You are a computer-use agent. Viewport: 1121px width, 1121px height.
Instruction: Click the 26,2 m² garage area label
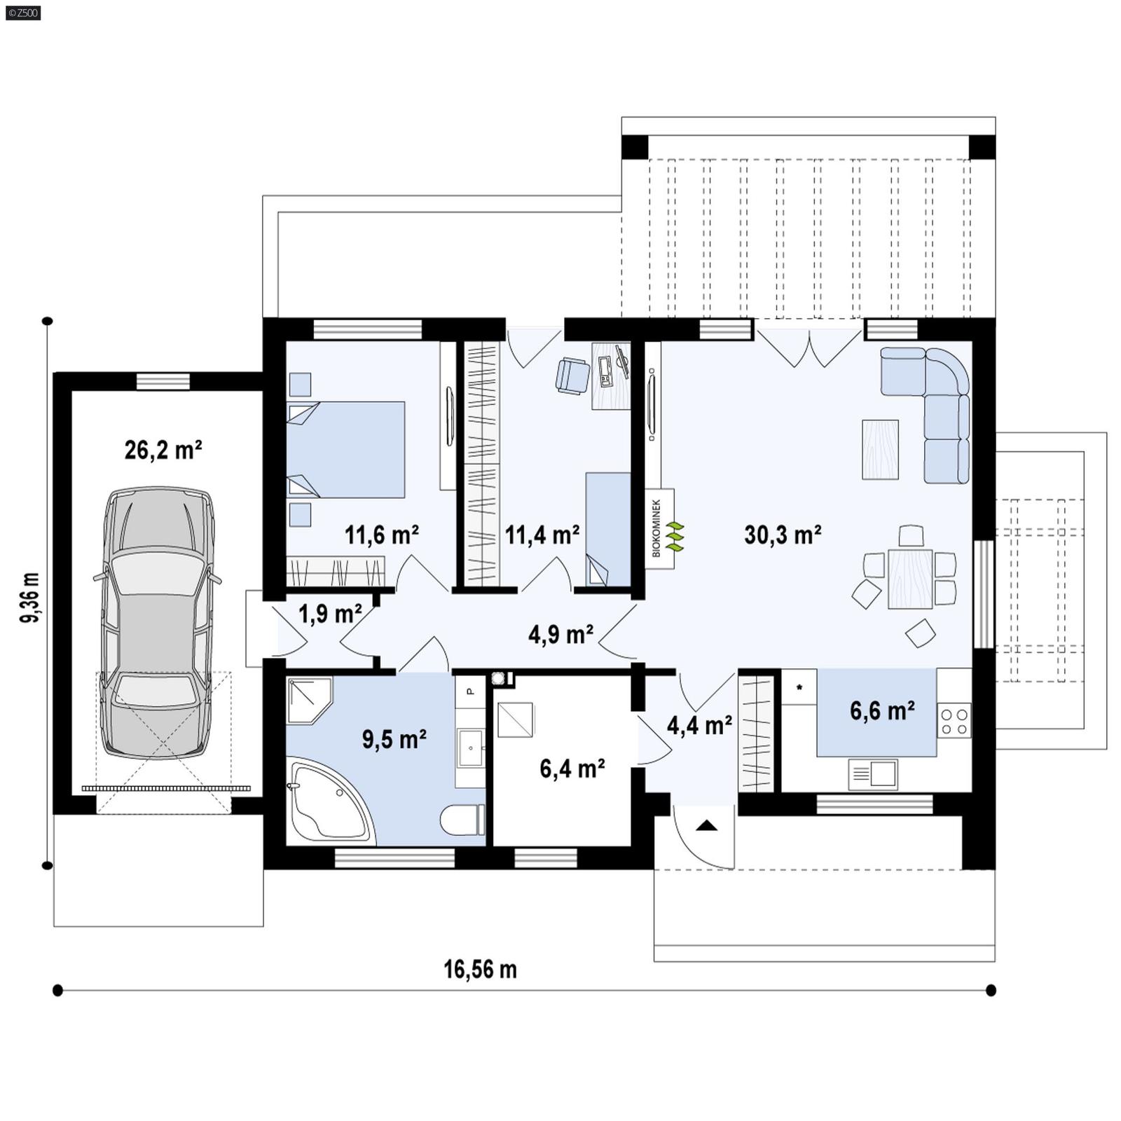(x=163, y=450)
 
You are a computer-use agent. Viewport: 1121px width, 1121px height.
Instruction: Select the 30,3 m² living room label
(x=783, y=535)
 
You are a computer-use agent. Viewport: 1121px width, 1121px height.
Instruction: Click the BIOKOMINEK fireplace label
(x=657, y=528)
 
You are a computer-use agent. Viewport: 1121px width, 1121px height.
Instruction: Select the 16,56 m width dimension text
(x=480, y=970)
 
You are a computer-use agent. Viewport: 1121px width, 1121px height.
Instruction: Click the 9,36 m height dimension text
(x=30, y=598)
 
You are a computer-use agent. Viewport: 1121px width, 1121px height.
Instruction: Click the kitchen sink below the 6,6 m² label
(x=873, y=774)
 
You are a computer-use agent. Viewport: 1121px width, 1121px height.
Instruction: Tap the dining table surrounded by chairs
(x=910, y=579)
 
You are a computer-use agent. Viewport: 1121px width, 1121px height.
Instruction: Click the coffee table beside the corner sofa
(x=880, y=449)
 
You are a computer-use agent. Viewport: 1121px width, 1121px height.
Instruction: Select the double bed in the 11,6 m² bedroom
(x=346, y=449)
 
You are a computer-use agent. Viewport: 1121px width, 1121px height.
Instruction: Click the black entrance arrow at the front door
(x=707, y=825)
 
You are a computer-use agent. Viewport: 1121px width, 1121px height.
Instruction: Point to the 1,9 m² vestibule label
(x=330, y=614)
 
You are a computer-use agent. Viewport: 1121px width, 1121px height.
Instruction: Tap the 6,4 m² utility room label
(x=572, y=769)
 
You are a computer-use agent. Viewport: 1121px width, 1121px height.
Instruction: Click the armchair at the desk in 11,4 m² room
(x=572, y=375)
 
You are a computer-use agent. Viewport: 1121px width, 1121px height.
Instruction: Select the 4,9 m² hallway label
(x=560, y=635)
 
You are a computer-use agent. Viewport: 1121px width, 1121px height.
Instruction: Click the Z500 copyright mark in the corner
(x=22, y=12)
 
